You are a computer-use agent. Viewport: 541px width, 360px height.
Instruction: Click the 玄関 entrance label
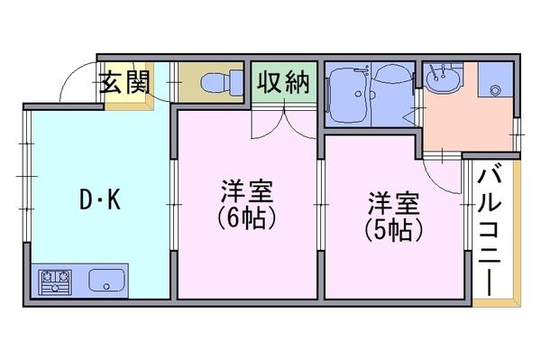(x=125, y=82)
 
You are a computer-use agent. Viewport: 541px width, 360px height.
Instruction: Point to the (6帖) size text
(x=247, y=217)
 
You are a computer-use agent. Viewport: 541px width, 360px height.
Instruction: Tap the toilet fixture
(x=222, y=83)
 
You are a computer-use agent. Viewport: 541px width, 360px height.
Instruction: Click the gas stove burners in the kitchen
(x=55, y=282)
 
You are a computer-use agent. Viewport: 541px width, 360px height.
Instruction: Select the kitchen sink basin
(x=106, y=280)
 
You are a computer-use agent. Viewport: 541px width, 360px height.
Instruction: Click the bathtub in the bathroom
(x=348, y=94)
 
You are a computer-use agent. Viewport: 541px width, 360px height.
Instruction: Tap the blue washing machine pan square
(x=495, y=79)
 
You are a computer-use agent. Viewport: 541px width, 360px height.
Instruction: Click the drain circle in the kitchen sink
(x=106, y=286)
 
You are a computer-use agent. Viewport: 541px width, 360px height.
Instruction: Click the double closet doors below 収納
(x=284, y=123)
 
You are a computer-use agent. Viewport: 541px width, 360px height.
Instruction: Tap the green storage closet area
(x=284, y=82)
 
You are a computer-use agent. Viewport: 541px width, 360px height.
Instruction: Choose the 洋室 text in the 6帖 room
(x=247, y=191)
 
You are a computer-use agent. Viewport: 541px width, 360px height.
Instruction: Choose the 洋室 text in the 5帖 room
(x=394, y=203)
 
